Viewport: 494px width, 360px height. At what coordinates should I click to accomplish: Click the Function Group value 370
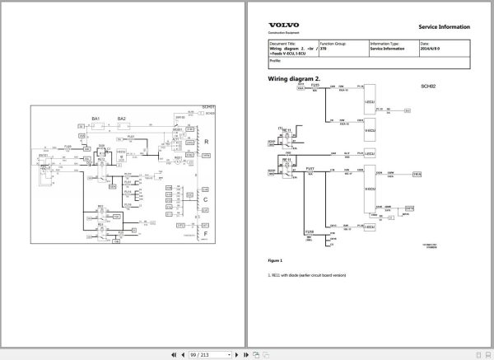coord(323,49)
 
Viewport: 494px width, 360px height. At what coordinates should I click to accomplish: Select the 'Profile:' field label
coord(276,60)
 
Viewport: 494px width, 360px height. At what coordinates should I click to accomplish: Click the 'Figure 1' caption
coord(277,260)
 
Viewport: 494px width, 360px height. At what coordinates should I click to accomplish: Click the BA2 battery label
coord(122,119)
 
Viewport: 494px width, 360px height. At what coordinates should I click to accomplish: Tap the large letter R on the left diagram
coord(206,142)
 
